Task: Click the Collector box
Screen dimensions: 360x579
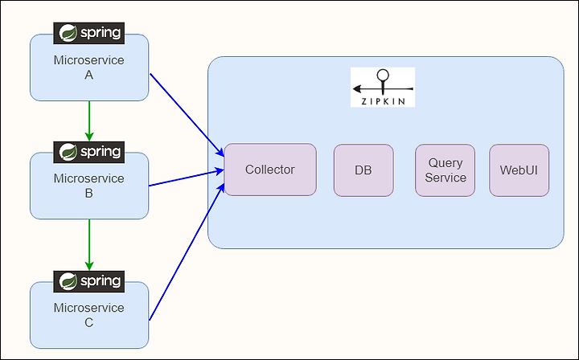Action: click(270, 170)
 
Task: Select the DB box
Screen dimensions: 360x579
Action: click(363, 170)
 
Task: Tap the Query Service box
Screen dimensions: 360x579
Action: click(445, 170)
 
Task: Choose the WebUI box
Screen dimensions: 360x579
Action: click(519, 170)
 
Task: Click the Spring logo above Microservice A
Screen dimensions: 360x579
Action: click(89, 33)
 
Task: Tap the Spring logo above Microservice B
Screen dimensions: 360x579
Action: click(89, 150)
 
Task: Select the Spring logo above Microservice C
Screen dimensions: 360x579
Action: click(89, 280)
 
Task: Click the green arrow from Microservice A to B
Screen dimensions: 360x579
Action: click(89, 121)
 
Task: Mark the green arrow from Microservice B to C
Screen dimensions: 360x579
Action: click(89, 244)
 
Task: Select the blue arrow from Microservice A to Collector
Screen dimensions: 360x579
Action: click(187, 113)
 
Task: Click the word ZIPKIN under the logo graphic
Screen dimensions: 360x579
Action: click(383, 100)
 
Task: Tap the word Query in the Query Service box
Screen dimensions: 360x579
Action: click(445, 163)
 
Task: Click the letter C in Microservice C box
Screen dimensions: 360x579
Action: click(89, 322)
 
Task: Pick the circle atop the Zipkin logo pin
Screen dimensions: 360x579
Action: click(383, 76)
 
